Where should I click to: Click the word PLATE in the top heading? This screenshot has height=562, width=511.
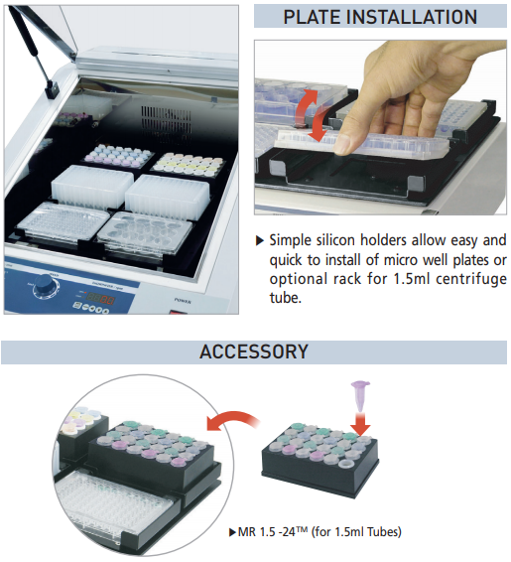[x=312, y=17]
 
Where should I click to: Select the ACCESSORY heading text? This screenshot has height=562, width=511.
[x=254, y=351]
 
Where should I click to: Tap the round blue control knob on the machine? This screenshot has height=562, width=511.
[x=45, y=285]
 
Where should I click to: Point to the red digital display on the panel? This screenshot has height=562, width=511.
[x=100, y=298]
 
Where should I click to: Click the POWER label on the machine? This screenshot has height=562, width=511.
[x=183, y=301]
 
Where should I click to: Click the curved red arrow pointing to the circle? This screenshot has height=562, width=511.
[x=233, y=419]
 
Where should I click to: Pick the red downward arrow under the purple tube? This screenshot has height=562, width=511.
[x=360, y=424]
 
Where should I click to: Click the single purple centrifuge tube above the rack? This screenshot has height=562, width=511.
[x=360, y=396]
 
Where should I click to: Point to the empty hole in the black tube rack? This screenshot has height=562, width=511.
[x=346, y=465]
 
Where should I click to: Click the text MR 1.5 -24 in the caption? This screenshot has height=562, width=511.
[x=267, y=532]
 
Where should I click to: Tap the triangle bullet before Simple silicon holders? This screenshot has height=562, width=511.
[x=260, y=240]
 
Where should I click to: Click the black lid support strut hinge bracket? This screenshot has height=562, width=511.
[x=52, y=89]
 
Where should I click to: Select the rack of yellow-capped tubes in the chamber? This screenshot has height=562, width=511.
[x=188, y=165]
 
